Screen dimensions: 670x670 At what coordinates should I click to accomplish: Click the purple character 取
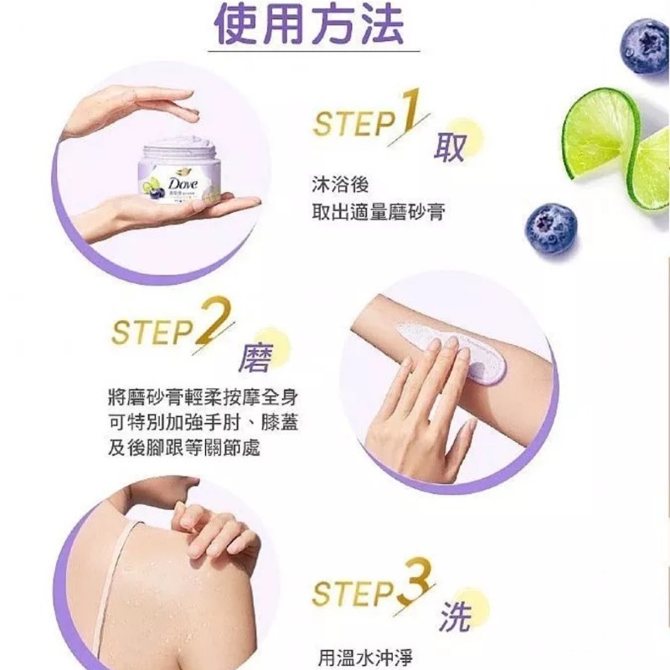pyautogui.click(x=449, y=148)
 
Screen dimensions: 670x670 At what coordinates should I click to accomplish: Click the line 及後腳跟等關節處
pyautogui.click(x=184, y=448)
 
